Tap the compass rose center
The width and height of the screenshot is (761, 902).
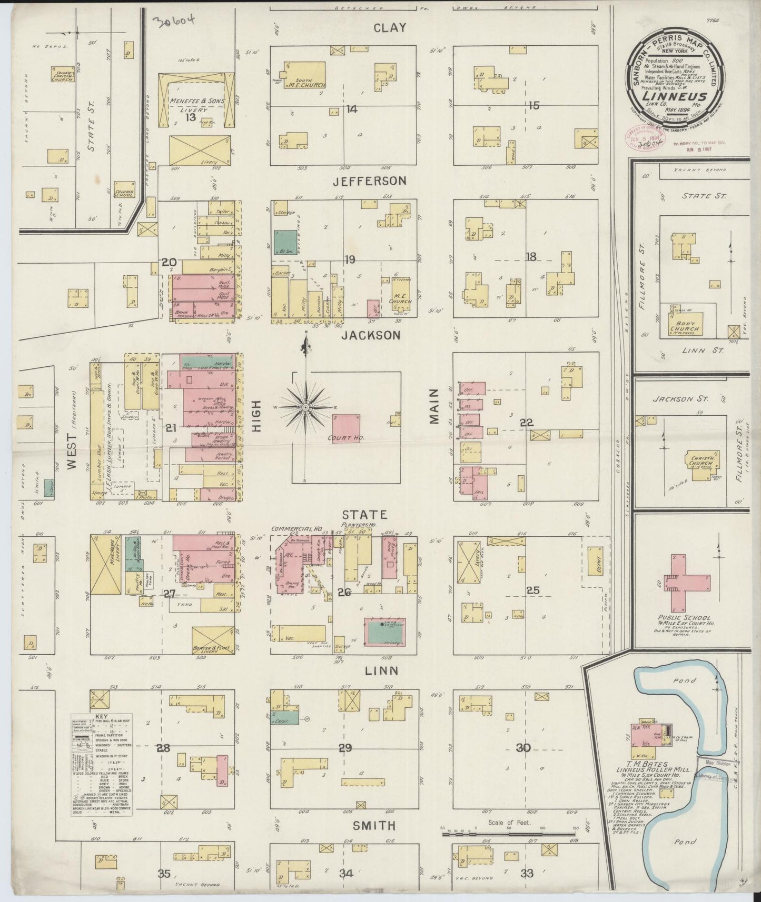305,407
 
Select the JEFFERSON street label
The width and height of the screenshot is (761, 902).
370,181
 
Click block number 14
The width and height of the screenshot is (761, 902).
351,109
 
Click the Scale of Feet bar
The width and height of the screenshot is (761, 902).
508,834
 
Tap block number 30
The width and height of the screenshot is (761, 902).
522,747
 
